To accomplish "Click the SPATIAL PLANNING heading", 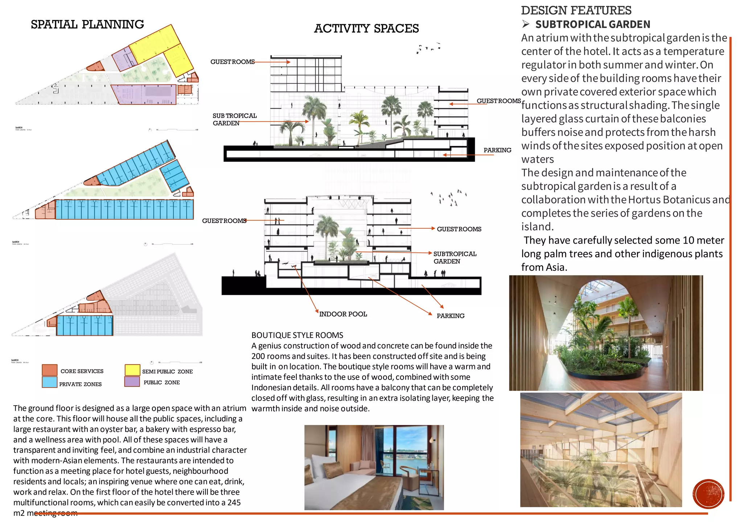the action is [x=87, y=25].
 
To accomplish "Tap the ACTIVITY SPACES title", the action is [x=366, y=29].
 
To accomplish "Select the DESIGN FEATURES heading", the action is [x=576, y=11].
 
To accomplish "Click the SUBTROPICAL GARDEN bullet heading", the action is [x=592, y=25].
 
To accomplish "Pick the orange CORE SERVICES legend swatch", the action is [x=49, y=370].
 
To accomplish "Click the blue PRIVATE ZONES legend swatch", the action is [x=49, y=382].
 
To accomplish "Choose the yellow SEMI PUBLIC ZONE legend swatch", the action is [x=132, y=370].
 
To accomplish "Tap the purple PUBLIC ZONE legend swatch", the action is [x=132, y=381].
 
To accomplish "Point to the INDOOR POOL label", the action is [x=343, y=314].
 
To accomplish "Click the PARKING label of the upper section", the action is [x=497, y=150].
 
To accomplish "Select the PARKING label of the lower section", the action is [x=450, y=316].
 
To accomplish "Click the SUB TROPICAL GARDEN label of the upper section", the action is [x=234, y=119].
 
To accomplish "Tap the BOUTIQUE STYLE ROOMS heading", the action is [x=297, y=335].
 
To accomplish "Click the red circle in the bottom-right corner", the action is [x=708, y=494].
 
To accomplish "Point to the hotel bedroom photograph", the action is [x=374, y=467].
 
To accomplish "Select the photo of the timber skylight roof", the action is [x=601, y=450].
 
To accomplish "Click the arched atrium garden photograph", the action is [x=606, y=333].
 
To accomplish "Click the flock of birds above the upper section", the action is [x=429, y=48].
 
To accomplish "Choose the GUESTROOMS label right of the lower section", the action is [x=459, y=229].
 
